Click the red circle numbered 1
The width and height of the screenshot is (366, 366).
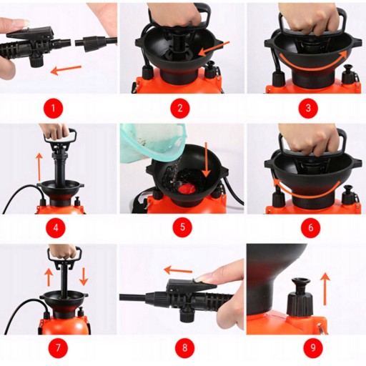53,109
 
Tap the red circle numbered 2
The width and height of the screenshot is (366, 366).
180,108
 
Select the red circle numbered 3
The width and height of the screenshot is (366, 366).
308,108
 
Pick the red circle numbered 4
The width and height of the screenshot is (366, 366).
56,228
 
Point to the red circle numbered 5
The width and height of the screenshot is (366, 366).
182,227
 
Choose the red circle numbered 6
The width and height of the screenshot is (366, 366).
310,227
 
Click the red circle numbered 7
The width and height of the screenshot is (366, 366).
58,347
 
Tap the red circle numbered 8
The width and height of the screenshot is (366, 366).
185,347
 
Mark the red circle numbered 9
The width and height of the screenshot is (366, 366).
313,347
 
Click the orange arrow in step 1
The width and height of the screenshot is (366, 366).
66,69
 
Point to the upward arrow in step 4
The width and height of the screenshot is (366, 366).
39,167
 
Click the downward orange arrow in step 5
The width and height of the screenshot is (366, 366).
206,159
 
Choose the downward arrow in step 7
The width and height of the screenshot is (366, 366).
84,277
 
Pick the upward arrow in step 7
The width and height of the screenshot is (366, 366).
49,277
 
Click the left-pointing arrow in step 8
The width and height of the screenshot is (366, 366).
178,270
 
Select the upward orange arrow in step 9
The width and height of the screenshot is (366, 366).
325,289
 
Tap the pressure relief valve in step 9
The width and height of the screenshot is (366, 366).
300,297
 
